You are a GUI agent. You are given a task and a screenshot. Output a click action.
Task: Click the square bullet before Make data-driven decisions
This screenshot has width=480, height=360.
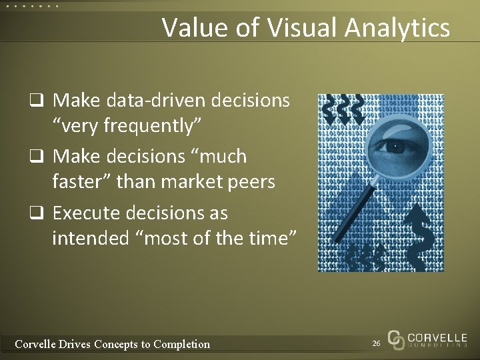41,101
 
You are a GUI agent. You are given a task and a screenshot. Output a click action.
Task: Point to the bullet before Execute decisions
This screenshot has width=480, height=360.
41,213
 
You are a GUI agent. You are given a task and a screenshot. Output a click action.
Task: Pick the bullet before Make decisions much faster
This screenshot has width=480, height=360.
41,157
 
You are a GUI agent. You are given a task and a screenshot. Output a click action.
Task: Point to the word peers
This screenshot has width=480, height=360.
251,181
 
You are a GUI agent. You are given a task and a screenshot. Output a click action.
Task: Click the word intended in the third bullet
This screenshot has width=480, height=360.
87,236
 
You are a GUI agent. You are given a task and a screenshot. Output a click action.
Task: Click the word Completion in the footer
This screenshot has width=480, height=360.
181,344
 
